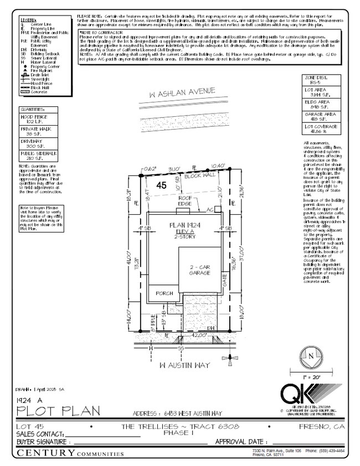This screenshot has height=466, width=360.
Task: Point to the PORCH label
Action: [164, 293]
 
